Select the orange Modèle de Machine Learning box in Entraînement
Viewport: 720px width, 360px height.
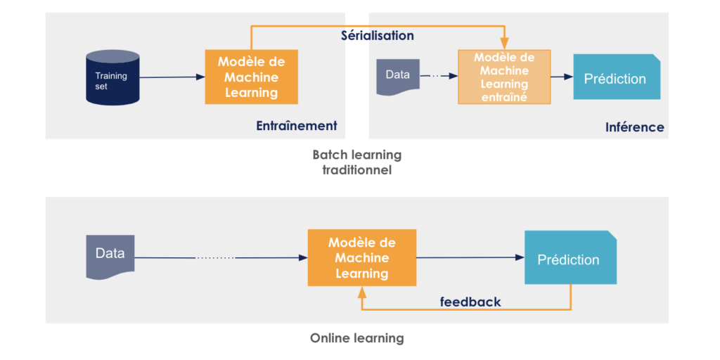click(x=251, y=77)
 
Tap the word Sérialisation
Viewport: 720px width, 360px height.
click(x=377, y=35)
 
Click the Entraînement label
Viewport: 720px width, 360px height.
click(x=296, y=126)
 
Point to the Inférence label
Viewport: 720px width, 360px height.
click(x=634, y=127)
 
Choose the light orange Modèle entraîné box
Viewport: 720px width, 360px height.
click(x=503, y=77)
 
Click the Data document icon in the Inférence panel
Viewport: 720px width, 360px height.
click(x=397, y=77)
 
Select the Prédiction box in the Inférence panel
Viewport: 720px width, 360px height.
click(x=616, y=77)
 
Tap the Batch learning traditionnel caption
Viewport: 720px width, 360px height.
click(x=356, y=162)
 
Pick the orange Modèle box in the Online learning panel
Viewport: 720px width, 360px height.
click(x=361, y=257)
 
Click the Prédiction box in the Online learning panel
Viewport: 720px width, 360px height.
click(x=570, y=259)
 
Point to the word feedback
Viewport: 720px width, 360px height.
click(x=470, y=302)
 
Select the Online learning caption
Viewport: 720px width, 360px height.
click(x=356, y=338)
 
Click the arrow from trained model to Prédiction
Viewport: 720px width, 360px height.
click(x=560, y=77)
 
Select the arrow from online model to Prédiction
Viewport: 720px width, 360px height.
click(x=470, y=257)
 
